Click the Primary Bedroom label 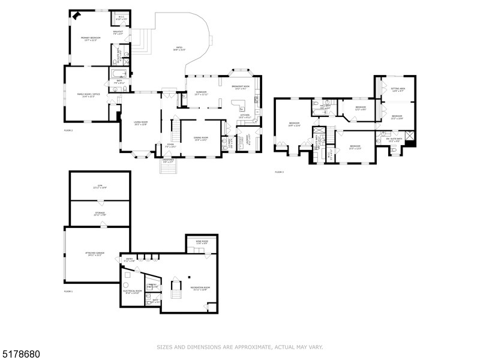click(x=91, y=39)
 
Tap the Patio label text click(x=179, y=49)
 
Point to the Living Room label click(x=140, y=123)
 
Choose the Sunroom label click(x=201, y=93)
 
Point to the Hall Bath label click(x=325, y=107)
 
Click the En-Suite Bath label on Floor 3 click(x=394, y=140)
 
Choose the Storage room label click(x=100, y=214)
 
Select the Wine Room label click(x=202, y=242)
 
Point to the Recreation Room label click(x=200, y=289)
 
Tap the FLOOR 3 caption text click(x=279, y=172)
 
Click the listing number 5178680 click(x=21, y=354)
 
